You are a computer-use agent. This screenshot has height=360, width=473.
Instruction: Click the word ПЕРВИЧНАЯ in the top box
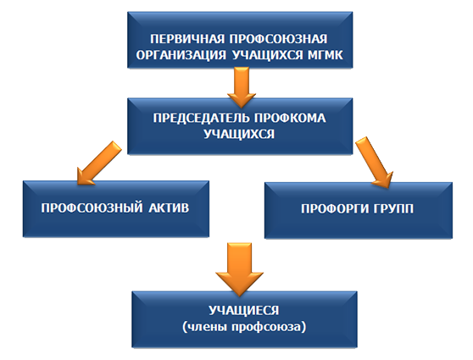[187, 39]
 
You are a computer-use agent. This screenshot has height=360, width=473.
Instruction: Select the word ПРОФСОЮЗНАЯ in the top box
[278, 39]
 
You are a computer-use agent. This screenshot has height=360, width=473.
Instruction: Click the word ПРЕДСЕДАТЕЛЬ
[201, 119]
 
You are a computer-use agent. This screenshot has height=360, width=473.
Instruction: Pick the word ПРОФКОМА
[290, 118]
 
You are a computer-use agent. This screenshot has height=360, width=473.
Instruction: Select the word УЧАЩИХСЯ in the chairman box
[239, 134]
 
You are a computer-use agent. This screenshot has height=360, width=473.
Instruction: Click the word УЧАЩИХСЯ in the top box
[267, 55]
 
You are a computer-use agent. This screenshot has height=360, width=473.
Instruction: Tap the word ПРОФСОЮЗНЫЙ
[92, 208]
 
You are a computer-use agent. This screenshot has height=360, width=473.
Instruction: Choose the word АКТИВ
[169, 208]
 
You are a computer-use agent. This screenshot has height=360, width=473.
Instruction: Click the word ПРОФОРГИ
[335, 208]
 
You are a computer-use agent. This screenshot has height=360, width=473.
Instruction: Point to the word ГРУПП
[393, 208]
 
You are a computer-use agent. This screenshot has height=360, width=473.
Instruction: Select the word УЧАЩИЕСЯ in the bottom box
[244, 311]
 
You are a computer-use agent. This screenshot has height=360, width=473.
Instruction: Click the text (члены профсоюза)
[244, 327]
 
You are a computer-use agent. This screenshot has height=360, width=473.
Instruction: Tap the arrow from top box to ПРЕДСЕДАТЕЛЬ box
[242, 87]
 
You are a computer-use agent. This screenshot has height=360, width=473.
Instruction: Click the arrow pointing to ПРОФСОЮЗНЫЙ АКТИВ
[99, 163]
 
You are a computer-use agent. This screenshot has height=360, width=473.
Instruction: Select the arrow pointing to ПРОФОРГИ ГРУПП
[375, 163]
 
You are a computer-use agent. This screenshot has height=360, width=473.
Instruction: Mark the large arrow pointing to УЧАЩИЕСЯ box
[239, 269]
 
